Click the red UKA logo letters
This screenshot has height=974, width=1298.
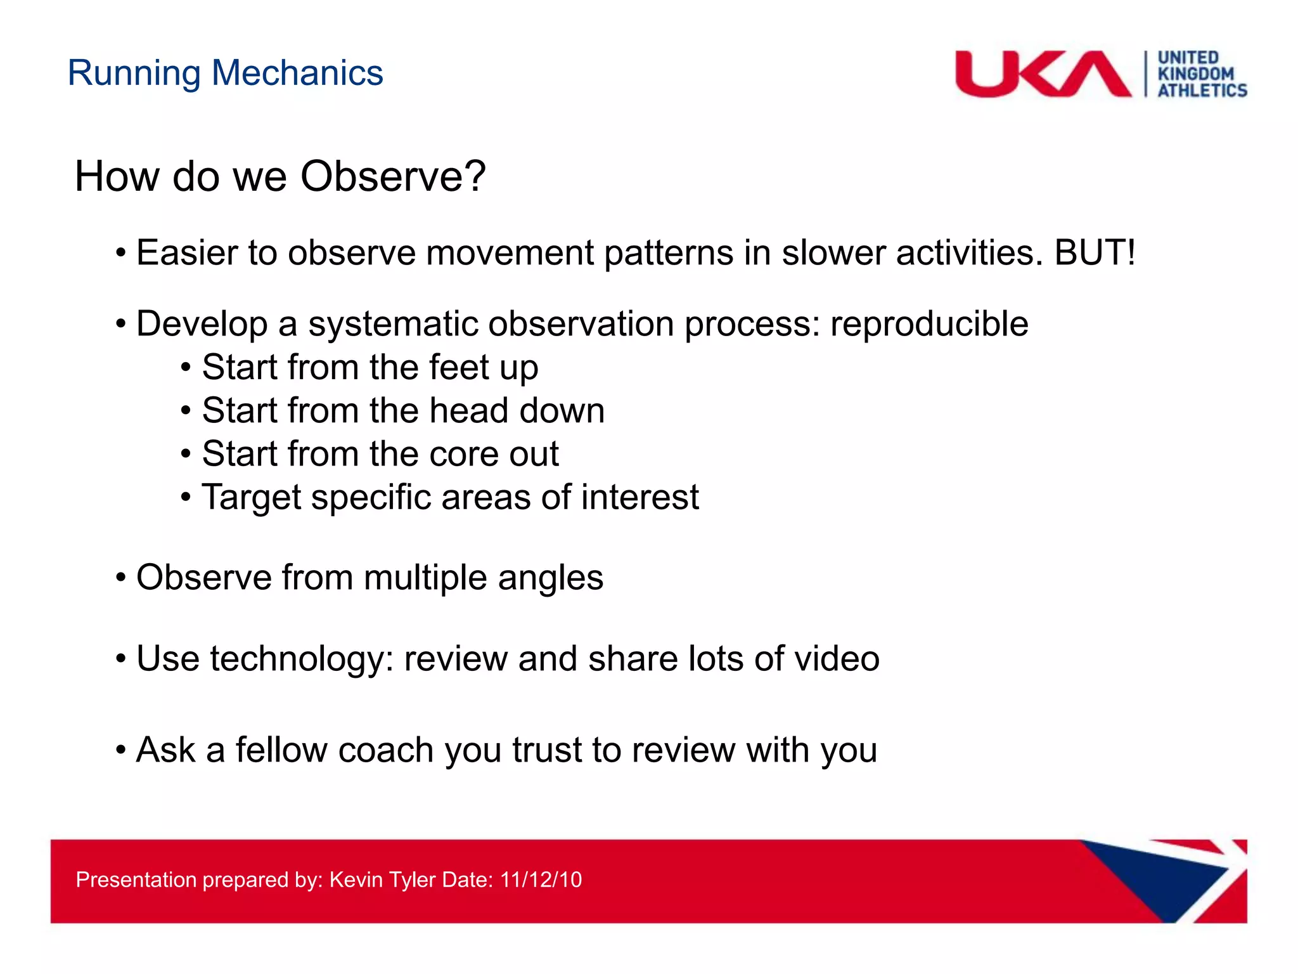(1043, 74)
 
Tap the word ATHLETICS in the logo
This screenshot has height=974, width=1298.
(1202, 91)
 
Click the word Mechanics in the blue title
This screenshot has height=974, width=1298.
(297, 73)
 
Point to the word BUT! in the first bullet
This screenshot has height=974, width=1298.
(1095, 252)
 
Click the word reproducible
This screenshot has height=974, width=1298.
(929, 324)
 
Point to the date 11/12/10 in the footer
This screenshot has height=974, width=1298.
(541, 880)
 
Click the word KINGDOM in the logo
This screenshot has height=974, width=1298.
(1195, 74)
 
